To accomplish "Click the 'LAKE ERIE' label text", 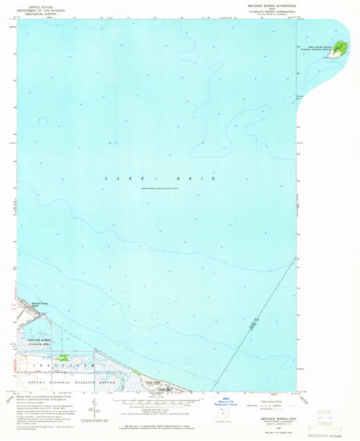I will tap(160, 178).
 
